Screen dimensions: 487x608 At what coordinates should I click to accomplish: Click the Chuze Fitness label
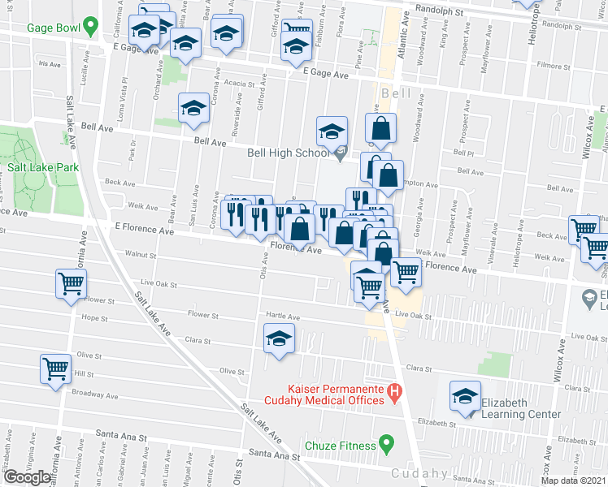[340, 445]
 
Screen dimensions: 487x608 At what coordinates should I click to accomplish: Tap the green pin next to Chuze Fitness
[387, 445]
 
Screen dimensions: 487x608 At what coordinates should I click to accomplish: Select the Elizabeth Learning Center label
[520, 408]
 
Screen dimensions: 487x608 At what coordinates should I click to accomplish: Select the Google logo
[28, 476]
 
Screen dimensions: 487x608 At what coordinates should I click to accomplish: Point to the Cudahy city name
[418, 473]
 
